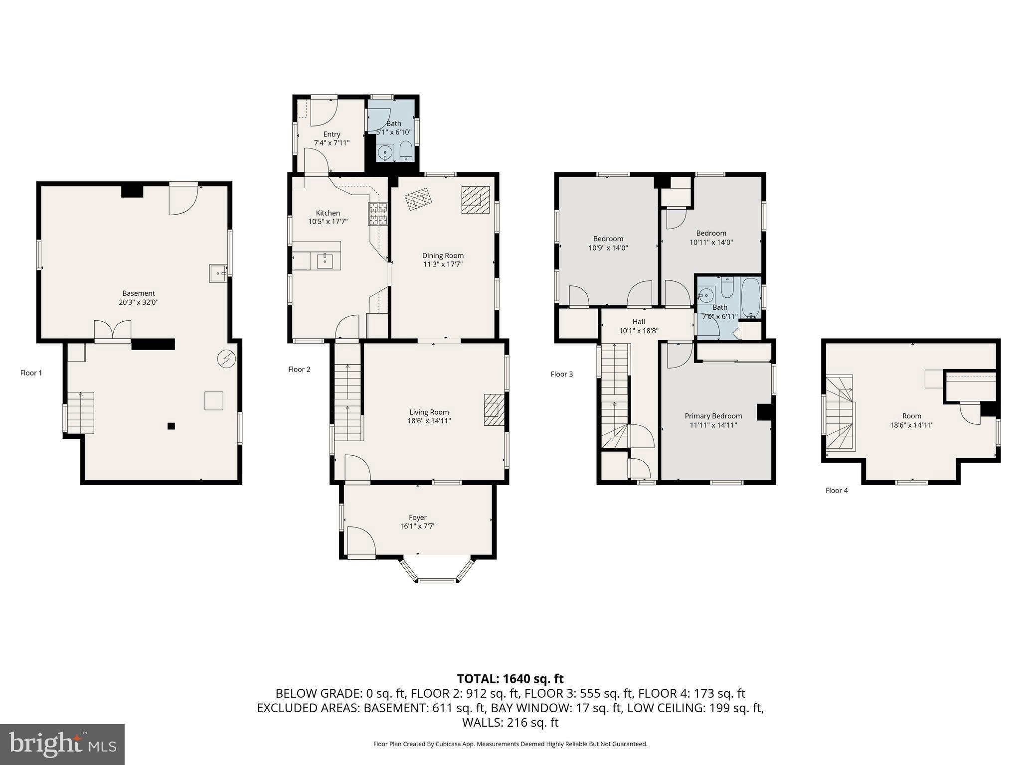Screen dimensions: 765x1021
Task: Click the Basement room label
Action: (139, 293)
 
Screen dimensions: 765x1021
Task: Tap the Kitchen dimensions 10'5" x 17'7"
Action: (328, 222)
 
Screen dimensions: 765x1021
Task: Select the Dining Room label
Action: (443, 255)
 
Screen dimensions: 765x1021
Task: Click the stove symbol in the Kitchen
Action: (378, 214)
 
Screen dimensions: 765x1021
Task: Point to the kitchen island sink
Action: (325, 259)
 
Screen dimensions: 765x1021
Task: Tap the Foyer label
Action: (417, 517)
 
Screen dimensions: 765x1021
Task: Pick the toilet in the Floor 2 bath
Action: (406, 151)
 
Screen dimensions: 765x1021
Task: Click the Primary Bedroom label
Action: (713, 416)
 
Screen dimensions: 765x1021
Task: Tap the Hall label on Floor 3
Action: (639, 322)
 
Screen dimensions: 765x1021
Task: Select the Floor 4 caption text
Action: (836, 491)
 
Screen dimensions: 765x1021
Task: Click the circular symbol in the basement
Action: (227, 359)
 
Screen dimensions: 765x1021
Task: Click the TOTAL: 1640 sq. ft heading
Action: (510, 679)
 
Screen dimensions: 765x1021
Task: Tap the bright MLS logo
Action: (62, 744)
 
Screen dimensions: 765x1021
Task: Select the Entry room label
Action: (332, 134)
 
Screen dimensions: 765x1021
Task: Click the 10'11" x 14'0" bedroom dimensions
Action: (711, 243)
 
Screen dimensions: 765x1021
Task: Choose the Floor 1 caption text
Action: (31, 373)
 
